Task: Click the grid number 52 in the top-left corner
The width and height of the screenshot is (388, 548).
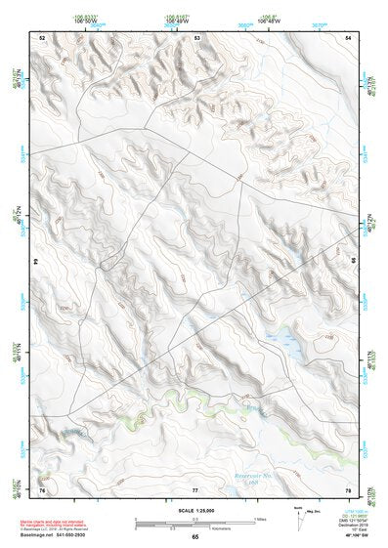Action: click(x=42, y=37)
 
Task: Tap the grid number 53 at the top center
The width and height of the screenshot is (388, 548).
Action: click(x=196, y=37)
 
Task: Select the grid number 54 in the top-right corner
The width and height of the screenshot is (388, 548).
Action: click(x=349, y=37)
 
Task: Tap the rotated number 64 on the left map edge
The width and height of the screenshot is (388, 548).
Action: click(x=40, y=262)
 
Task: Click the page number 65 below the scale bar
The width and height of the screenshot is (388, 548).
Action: click(x=195, y=536)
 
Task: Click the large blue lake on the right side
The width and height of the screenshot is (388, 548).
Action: click(x=288, y=341)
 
